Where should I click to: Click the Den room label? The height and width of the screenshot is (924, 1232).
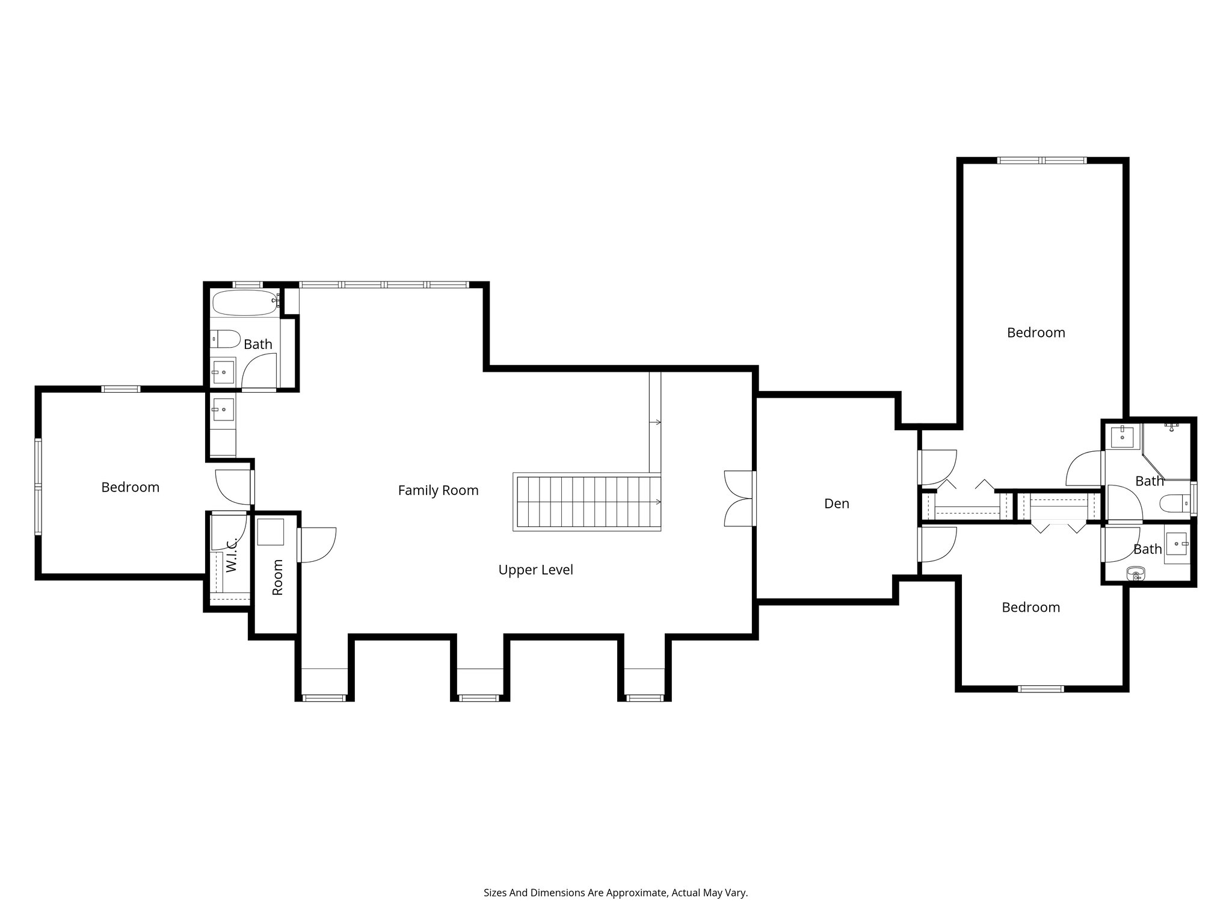pos(836,504)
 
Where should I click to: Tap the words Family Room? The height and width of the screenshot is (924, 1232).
pos(438,491)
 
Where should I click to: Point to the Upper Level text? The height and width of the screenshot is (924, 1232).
pos(535,570)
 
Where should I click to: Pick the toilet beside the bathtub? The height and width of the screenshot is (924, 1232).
pos(226,339)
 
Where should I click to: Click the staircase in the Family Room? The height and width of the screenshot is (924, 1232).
pos(587,502)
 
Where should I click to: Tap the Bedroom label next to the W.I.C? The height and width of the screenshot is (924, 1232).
pos(130,487)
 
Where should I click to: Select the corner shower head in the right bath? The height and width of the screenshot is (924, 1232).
pos(1171,427)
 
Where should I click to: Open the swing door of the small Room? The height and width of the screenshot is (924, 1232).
pos(317,545)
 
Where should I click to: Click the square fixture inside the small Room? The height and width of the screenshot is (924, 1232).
pos(271,531)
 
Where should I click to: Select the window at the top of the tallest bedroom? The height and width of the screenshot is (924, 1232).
pos(1042,161)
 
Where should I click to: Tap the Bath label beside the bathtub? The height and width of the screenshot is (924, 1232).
pos(258,345)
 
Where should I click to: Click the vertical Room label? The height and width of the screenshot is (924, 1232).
pos(277,577)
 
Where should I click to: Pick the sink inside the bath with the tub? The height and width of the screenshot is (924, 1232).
pos(223,372)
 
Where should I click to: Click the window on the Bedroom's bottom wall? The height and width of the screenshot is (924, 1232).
pos(1041,689)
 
